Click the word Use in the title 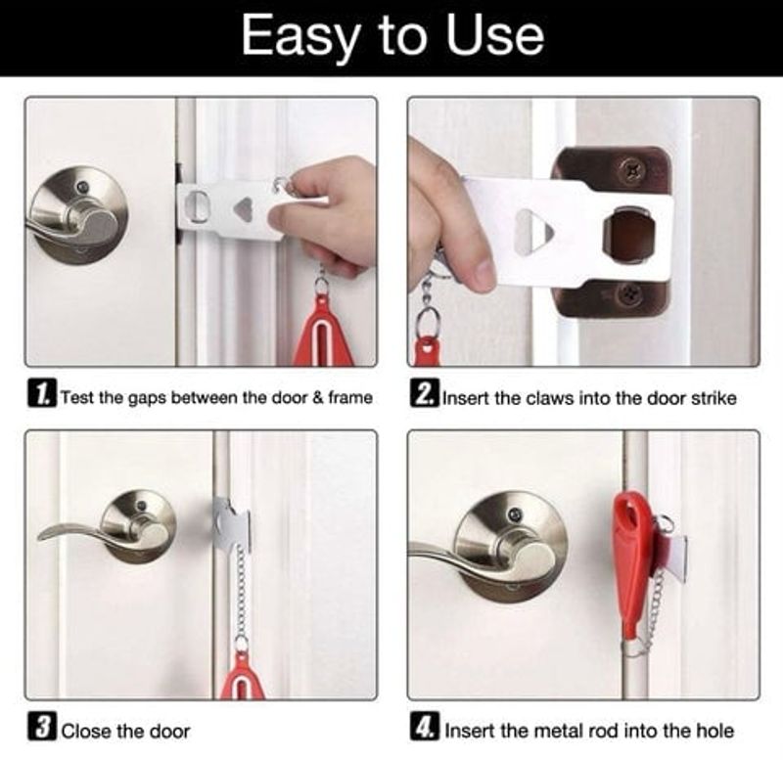[494, 36]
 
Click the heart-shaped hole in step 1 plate [243, 209]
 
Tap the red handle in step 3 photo [242, 675]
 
